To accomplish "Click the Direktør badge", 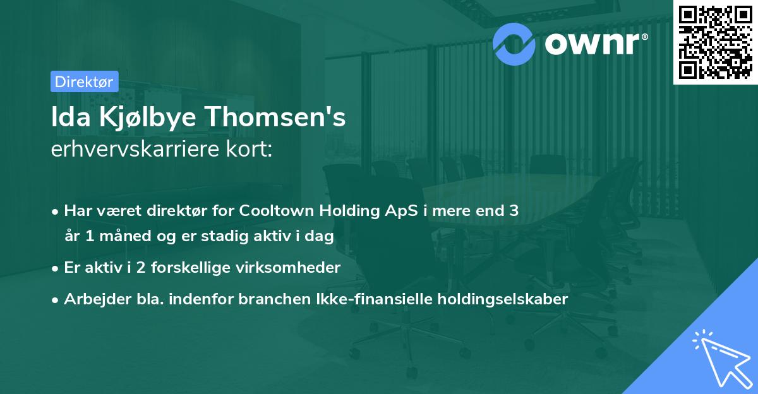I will pyautogui.click(x=84, y=81).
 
